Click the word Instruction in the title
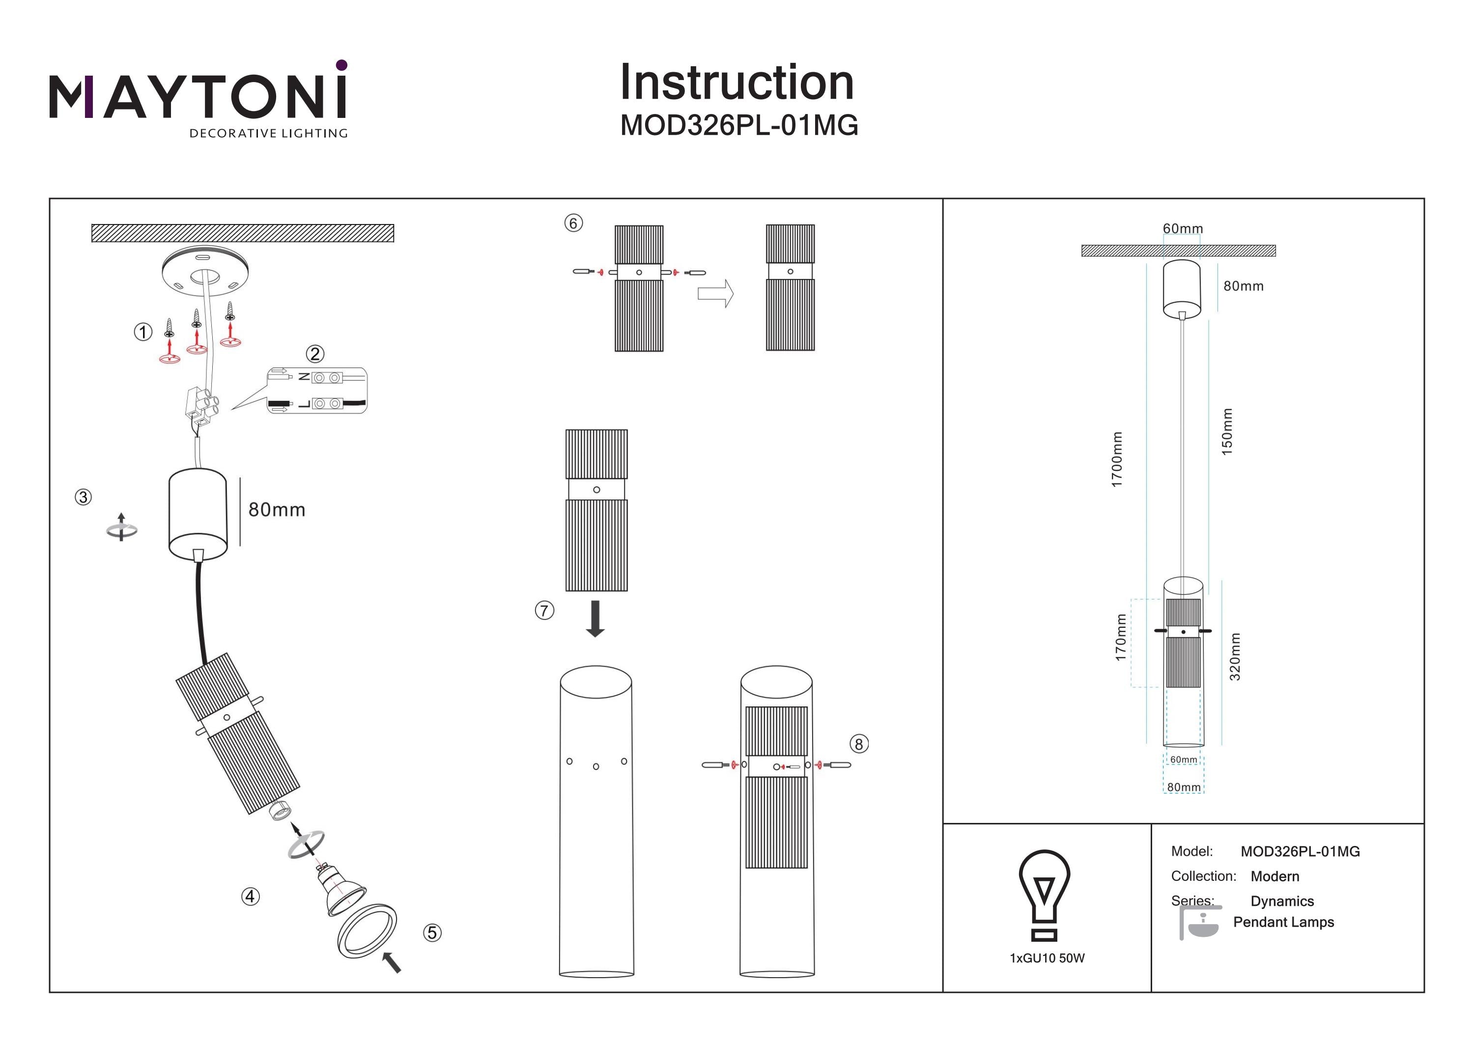737,83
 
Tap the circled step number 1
142,332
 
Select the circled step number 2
314,354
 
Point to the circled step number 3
83,497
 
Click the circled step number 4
251,896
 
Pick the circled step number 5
432,933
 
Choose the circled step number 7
544,610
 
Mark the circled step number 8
859,744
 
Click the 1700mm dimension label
1117,459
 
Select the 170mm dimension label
1121,637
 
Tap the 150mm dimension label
1227,431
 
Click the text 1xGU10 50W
1047,958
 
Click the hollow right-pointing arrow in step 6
715,293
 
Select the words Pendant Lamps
1283,922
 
